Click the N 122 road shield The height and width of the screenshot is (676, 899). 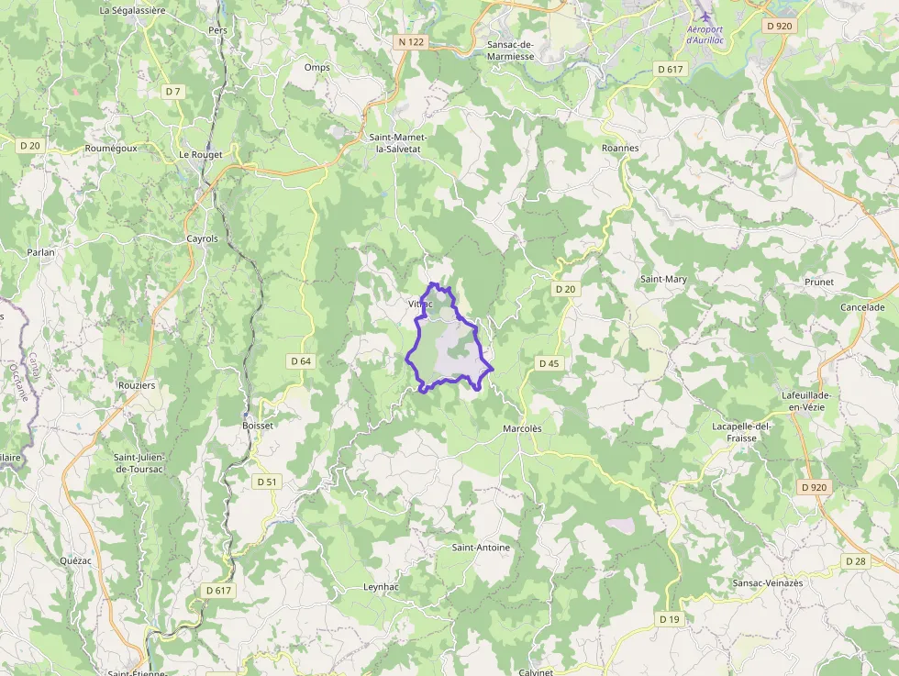pyautogui.click(x=411, y=42)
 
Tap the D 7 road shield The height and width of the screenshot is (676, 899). pyautogui.click(x=172, y=91)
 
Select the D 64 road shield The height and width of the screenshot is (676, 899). pyautogui.click(x=301, y=361)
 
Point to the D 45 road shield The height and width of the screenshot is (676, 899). pyautogui.click(x=549, y=363)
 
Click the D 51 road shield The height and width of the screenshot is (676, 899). pyautogui.click(x=267, y=482)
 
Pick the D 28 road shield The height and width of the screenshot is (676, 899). pyautogui.click(x=855, y=560)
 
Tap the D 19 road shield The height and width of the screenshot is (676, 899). pyautogui.click(x=670, y=619)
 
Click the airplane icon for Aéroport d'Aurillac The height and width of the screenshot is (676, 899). pyautogui.click(x=705, y=16)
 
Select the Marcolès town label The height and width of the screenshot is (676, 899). pyautogui.click(x=523, y=428)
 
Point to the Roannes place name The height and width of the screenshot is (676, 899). pyautogui.click(x=620, y=148)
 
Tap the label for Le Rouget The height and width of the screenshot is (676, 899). pyautogui.click(x=201, y=155)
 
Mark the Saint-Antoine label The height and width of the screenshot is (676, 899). pyautogui.click(x=481, y=548)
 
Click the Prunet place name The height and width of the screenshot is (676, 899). pyautogui.click(x=819, y=282)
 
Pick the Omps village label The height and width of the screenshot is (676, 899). pyautogui.click(x=316, y=67)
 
